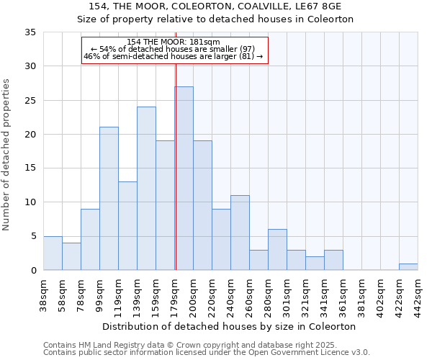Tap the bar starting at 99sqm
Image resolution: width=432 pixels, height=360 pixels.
[x=109, y=199]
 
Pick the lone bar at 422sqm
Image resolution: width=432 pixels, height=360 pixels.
[x=408, y=267]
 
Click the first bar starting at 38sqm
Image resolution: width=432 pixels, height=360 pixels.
[x=53, y=253]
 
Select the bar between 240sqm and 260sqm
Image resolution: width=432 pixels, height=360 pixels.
[x=240, y=233]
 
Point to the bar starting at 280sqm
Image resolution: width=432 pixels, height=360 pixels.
[x=277, y=250]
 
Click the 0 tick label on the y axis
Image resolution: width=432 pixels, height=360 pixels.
[x=32, y=271]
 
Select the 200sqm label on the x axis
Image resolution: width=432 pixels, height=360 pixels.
[x=193, y=295]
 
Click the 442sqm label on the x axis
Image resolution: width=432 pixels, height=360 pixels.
[x=418, y=295]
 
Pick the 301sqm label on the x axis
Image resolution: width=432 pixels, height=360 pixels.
[x=287, y=295]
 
